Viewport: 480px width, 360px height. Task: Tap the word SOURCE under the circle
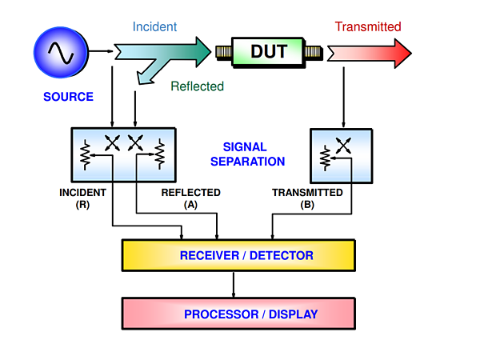coord(68,98)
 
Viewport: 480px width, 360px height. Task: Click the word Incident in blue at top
coord(154,26)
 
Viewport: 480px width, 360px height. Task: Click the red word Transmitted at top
coord(368,26)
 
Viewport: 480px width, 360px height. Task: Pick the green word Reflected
coord(198,86)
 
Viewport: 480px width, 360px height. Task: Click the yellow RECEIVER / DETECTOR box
coord(238,255)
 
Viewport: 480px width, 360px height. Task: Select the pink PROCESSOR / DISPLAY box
coord(238,314)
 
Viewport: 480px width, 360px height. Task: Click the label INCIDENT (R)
coord(82,198)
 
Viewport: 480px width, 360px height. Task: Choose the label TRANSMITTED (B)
coord(307,198)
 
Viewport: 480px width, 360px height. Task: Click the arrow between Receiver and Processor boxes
coord(233,285)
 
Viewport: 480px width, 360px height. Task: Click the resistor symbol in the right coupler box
coord(326,158)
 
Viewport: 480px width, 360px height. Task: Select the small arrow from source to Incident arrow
coord(102,52)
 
